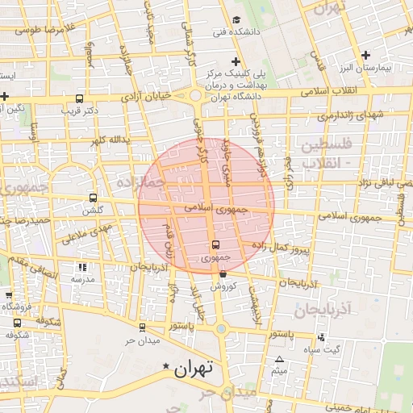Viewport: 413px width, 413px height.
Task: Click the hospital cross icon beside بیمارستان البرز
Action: point(366,55)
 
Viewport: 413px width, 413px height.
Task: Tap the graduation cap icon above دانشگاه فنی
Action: point(236,20)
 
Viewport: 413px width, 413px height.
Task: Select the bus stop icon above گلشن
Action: point(93,198)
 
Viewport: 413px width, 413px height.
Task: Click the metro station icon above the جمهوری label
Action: point(215,244)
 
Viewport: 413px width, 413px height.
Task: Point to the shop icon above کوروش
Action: point(223,274)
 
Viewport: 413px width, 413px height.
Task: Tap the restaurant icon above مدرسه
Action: point(81,267)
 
